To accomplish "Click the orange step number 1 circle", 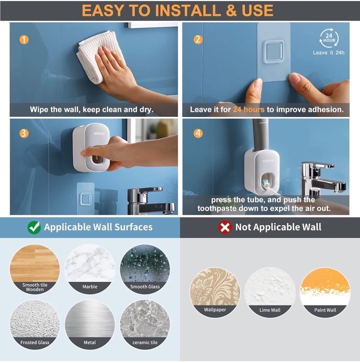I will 24,39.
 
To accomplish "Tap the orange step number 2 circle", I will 198,39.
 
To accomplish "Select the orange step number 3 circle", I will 24,134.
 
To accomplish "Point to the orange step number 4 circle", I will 198,134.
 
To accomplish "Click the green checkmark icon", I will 34,227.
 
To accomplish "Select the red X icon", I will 225,227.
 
